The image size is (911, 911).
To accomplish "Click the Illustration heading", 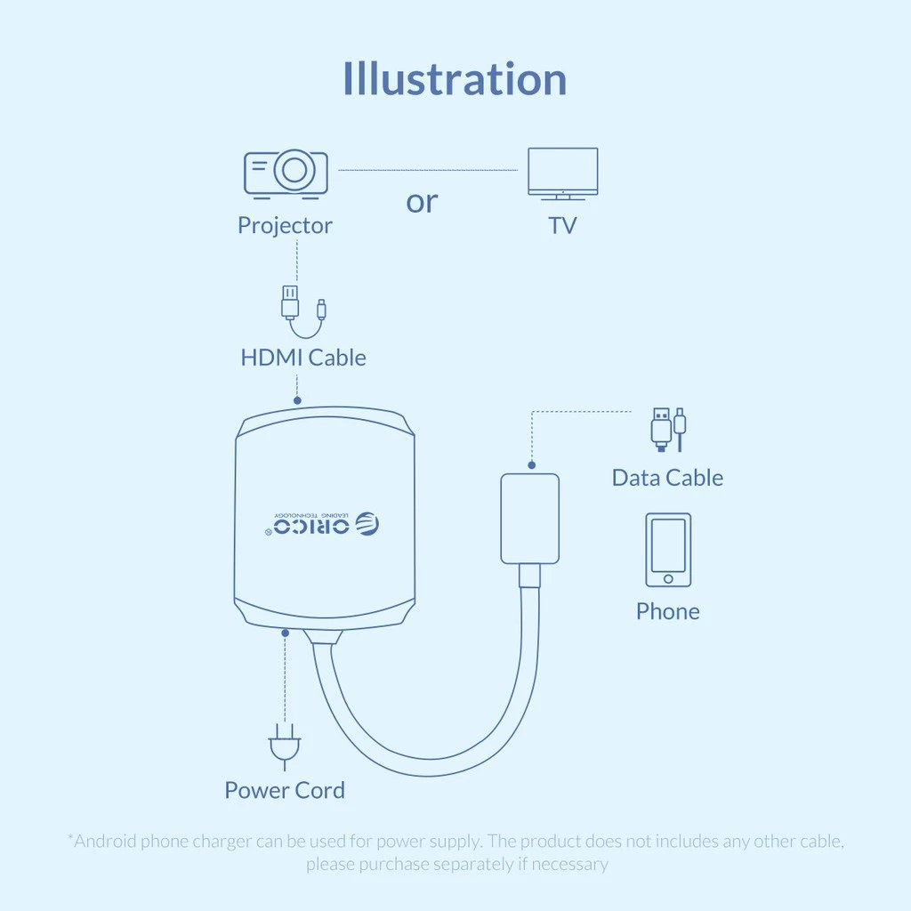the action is pyautogui.click(x=455, y=79).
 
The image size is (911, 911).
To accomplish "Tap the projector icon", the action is pyautogui.click(x=286, y=173).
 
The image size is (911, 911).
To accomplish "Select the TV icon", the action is pyautogui.click(x=562, y=173).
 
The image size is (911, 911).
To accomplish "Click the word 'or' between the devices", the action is pyautogui.click(x=422, y=202).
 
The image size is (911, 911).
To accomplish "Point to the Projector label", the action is pyautogui.click(x=285, y=225).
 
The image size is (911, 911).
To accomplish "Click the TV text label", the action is pyautogui.click(x=562, y=225).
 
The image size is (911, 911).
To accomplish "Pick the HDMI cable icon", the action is pyautogui.click(x=303, y=312).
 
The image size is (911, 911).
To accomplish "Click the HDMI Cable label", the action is pyautogui.click(x=303, y=358).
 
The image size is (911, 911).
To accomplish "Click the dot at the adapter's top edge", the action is pyautogui.click(x=297, y=400).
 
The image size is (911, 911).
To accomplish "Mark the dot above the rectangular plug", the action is pyautogui.click(x=532, y=464).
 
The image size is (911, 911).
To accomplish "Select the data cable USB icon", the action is pyautogui.click(x=668, y=430).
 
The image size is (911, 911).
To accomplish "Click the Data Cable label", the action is pyautogui.click(x=667, y=478).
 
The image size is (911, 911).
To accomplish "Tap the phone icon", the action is pyautogui.click(x=668, y=550).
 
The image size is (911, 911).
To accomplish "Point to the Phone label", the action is pyautogui.click(x=667, y=611).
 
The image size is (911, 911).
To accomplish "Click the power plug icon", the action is pyautogui.click(x=285, y=747).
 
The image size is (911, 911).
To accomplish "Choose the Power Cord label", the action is pyautogui.click(x=285, y=790).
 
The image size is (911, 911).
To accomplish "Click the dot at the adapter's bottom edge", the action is pyautogui.click(x=286, y=633).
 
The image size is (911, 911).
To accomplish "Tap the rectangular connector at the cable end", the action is pyautogui.click(x=530, y=519).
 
